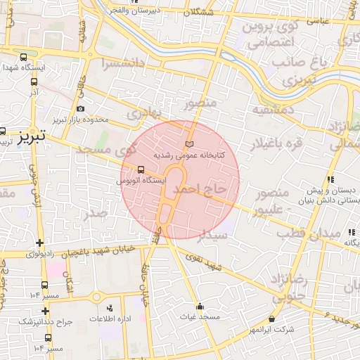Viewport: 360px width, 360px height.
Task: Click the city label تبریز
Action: coord(31,134)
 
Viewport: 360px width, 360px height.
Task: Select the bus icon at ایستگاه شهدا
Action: coord(24,58)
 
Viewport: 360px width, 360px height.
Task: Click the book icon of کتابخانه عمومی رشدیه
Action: coord(188,144)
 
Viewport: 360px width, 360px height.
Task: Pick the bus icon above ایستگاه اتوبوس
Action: coord(142,169)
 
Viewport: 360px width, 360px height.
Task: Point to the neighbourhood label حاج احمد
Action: coord(200,189)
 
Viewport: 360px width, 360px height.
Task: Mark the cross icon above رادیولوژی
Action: coord(37,241)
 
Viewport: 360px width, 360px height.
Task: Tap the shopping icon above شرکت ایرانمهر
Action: coord(272,319)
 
